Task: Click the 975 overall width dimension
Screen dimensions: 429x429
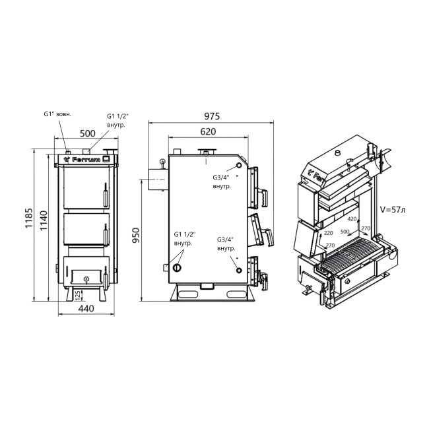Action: click(212, 115)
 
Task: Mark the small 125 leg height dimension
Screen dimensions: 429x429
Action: click(78, 293)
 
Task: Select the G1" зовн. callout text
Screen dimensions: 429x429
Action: click(57, 114)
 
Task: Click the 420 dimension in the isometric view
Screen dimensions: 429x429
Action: click(352, 218)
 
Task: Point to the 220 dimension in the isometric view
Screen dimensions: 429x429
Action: click(327, 232)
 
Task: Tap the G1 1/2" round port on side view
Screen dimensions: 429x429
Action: click(177, 267)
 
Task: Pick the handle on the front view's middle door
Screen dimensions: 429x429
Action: click(104, 231)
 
